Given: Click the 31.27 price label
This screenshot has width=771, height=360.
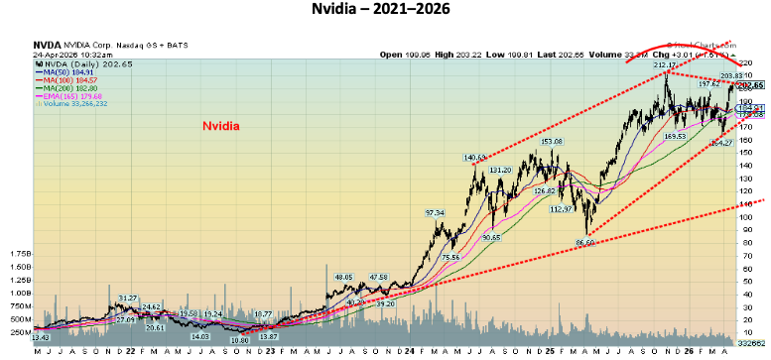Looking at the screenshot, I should click(127, 298).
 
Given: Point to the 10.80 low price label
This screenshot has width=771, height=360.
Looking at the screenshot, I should click(239, 339).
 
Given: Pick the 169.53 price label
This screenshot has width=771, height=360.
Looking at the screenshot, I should click(675, 136).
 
